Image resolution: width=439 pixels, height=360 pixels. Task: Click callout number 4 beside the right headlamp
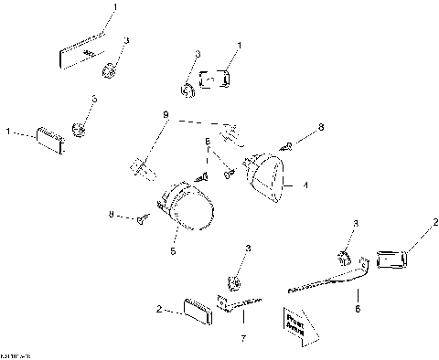pos(305,185)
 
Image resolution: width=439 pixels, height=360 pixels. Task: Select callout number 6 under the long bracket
pos(357,311)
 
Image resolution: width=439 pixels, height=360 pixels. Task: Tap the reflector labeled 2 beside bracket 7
pos(197,309)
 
